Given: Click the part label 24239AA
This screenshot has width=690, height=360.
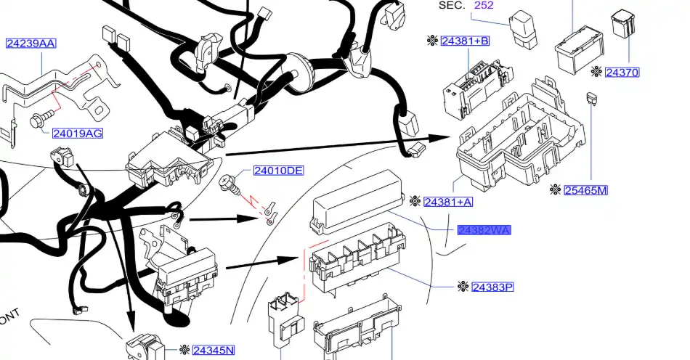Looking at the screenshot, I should [x=31, y=44].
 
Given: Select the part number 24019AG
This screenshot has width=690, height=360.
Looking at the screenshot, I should [x=77, y=133].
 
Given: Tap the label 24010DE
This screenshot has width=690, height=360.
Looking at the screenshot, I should [x=278, y=171].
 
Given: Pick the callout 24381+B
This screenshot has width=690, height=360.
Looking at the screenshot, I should [x=465, y=41].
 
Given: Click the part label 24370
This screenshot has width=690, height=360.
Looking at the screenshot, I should [x=622, y=72].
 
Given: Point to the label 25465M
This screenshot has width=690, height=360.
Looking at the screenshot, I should [x=585, y=190].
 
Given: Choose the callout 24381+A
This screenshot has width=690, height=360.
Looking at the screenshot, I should [x=448, y=201].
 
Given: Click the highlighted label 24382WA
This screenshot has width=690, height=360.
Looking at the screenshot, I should [x=484, y=230].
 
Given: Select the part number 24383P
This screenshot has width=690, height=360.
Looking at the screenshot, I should [x=492, y=287].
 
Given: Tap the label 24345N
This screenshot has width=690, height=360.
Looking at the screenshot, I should [x=214, y=351].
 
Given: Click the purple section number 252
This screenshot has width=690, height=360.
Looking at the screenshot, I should [x=484, y=5].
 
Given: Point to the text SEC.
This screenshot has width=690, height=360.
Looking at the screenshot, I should [x=452, y=5].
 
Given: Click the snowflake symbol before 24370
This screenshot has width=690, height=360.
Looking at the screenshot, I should [x=596, y=72].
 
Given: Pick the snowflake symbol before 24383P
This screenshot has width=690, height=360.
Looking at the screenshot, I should [x=463, y=287].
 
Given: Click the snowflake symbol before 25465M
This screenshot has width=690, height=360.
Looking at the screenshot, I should [x=556, y=190].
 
